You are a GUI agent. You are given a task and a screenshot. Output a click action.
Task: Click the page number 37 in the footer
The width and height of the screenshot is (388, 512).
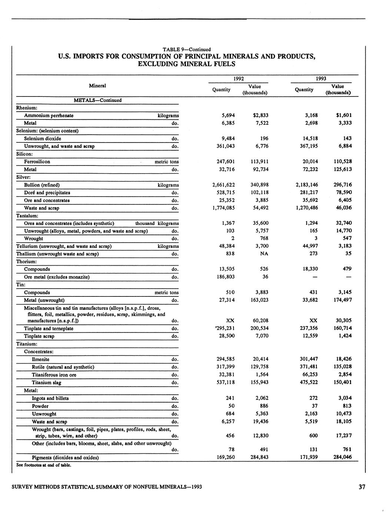[x=362, y=487]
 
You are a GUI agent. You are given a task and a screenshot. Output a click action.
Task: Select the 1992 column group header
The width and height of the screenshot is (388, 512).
[x=238, y=79]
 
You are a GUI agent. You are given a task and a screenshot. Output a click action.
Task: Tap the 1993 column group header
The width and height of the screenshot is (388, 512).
[x=321, y=79]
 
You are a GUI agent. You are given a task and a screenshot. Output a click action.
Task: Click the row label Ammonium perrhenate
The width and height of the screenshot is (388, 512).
[x=49, y=115]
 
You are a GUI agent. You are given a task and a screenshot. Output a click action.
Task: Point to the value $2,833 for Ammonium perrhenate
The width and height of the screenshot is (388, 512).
[x=261, y=115]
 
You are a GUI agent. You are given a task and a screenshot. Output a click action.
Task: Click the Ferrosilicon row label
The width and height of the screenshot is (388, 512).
[x=37, y=162]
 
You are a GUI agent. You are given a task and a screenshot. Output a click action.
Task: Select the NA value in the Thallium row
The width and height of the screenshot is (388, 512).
[x=264, y=254]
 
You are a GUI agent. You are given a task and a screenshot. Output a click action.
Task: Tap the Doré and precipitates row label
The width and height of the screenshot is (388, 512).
[x=47, y=193]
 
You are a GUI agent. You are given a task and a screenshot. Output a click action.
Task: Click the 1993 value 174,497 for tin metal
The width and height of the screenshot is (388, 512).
[x=342, y=300]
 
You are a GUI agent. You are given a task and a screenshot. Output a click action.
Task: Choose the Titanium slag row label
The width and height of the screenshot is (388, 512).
[x=46, y=383]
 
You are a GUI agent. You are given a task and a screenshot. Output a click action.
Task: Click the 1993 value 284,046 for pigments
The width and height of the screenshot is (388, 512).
[x=342, y=457]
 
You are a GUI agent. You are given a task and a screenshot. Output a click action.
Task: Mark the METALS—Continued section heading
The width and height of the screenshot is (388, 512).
[x=98, y=100]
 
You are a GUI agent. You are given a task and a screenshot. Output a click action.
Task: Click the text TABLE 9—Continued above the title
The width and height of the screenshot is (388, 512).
[x=187, y=49]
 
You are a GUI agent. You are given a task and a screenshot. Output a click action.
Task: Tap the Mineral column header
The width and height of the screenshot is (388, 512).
[x=97, y=86]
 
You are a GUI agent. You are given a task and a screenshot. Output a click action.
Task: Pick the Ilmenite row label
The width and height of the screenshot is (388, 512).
[x=40, y=359]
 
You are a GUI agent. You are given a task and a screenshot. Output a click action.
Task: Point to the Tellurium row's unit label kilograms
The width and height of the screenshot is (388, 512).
[x=168, y=246]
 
